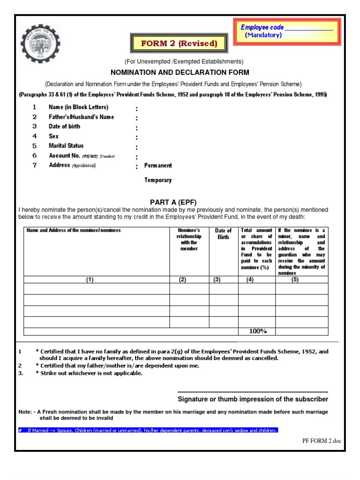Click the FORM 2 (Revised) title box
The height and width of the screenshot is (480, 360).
click(180, 44)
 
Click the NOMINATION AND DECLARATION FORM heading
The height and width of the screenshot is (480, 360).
click(180, 72)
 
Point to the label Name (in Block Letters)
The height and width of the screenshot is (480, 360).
click(78, 107)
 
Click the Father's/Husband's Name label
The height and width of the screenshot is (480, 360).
click(81, 117)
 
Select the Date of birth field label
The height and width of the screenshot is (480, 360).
click(64, 127)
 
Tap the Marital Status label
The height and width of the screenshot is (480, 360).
click(66, 146)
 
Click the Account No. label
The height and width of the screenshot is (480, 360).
click(65, 156)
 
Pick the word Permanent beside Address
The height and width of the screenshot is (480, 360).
click(158, 165)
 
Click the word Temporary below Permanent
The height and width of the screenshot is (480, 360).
click(158, 180)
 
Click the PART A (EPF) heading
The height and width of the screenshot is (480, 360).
click(180, 202)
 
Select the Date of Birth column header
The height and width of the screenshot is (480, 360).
click(223, 233)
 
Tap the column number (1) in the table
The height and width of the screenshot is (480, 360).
click(90, 279)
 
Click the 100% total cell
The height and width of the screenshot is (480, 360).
click(257, 331)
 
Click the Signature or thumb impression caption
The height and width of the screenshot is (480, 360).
click(253, 399)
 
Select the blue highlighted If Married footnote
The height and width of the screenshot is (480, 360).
click(148, 430)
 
